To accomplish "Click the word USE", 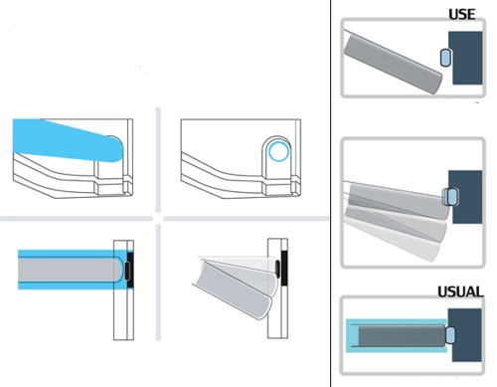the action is (462, 14).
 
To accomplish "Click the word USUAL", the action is (460, 291).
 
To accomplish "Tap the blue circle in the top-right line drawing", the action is (278, 151).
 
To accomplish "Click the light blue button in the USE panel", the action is (445, 58).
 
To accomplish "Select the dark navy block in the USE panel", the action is (467, 58).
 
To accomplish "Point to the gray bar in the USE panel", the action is (393, 63).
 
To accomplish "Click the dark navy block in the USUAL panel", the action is (467, 335).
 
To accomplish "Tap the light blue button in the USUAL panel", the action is (450, 335).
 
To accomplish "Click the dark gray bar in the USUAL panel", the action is (402, 336).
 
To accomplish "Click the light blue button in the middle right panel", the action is (453, 197).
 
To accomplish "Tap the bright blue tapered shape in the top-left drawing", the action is (68, 140).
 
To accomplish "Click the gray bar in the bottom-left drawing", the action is (71, 270).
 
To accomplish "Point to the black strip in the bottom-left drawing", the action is (130, 270).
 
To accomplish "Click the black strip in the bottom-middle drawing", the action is (284, 269).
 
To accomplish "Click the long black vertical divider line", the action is (331, 193).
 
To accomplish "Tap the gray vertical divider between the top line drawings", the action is (158, 159).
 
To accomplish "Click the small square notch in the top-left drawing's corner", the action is (127, 187).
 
